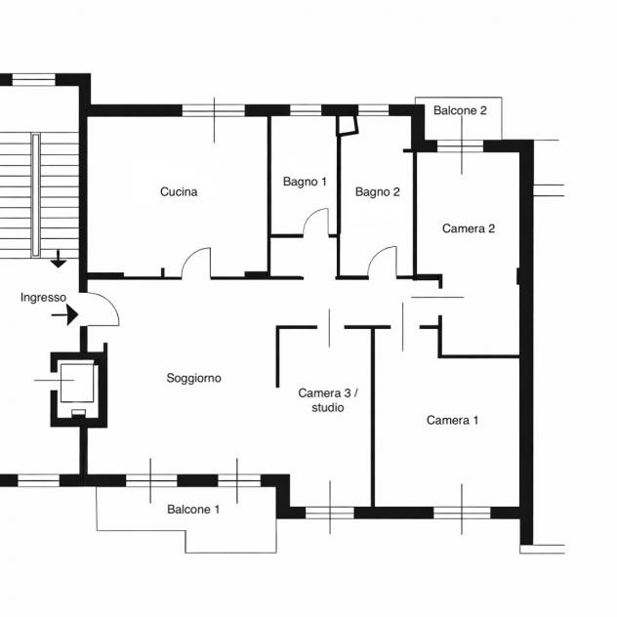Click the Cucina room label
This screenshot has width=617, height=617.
pos(179,191)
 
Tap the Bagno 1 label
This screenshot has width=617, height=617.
pos(305,182)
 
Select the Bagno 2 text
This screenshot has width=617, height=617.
pos(378,191)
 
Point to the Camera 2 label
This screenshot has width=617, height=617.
pos(469,228)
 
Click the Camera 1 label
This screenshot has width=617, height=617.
pos(453,420)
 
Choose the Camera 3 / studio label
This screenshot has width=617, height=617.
pos(328,400)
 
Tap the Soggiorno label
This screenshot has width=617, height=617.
pos(193,378)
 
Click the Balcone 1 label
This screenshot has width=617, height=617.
pos(193,510)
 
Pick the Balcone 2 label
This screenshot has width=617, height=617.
pos(460,110)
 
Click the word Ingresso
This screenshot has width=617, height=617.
pos(43,298)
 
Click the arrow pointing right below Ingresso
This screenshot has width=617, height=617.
pos(65,314)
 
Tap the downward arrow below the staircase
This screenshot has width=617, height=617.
pos(59,259)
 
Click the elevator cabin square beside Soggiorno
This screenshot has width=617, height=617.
pos(77,383)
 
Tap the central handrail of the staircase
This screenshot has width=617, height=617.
pos(35,195)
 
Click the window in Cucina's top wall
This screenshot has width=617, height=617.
pos(214,110)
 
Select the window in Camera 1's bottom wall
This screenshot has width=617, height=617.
pos(462,513)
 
